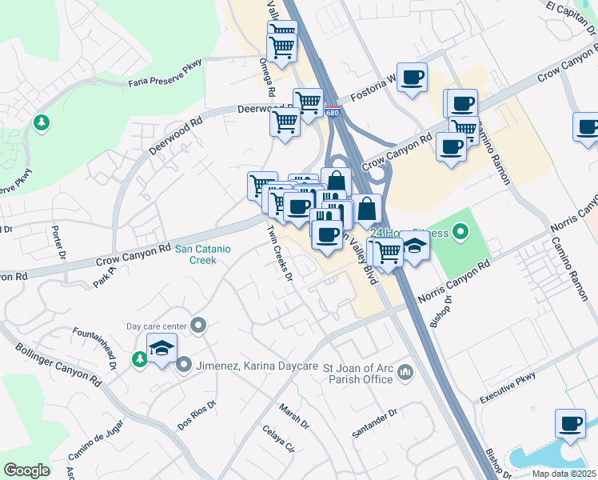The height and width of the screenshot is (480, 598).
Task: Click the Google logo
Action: (26, 470)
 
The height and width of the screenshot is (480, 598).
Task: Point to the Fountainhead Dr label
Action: (95, 344)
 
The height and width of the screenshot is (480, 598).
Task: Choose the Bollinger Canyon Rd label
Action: (58, 365)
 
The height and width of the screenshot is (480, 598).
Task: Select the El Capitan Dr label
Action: (572, 17)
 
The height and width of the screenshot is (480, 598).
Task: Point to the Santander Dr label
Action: (375, 423)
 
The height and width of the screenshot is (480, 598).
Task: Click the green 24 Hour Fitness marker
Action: (460, 233)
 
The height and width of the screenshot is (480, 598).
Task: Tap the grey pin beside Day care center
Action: (198, 326)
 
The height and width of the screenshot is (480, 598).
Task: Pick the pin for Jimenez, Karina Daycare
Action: (184, 365)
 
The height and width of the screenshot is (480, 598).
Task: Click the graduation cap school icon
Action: (161, 349)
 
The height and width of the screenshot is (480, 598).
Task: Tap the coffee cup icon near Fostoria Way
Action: (412, 78)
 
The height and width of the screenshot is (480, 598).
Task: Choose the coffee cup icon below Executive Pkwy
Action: (570, 423)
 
